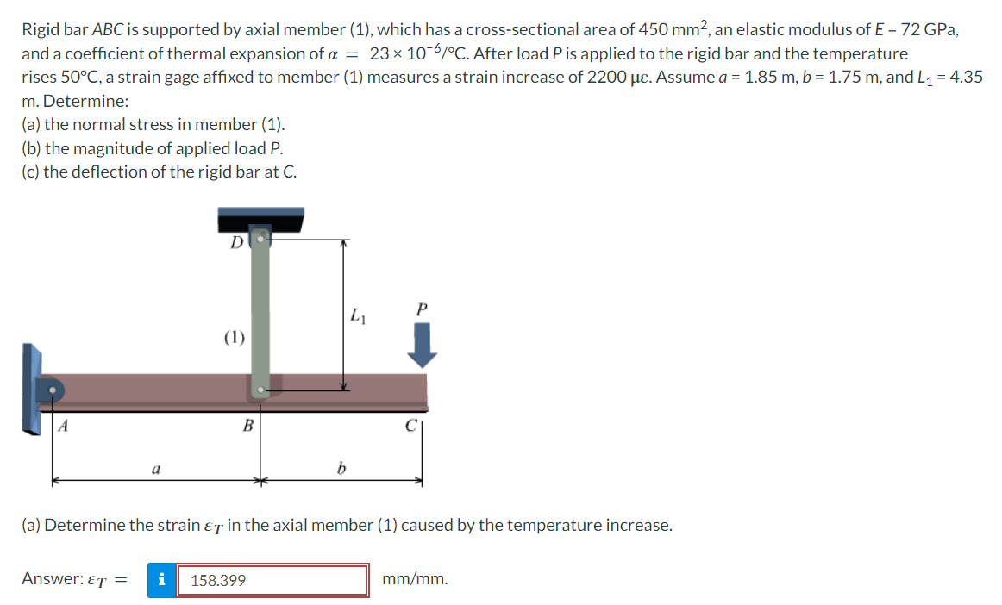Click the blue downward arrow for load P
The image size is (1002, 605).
422,346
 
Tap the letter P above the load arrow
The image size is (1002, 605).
421,309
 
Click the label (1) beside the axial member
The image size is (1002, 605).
234,337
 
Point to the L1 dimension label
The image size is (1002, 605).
359,316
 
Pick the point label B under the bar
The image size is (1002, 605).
247,424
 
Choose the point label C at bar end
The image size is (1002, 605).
413,424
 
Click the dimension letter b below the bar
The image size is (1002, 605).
341,470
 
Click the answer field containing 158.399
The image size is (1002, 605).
272,580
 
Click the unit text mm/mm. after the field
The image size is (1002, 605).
415,579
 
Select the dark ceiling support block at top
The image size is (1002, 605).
260,218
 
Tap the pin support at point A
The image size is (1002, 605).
53,391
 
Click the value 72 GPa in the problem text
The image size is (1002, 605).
928,29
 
